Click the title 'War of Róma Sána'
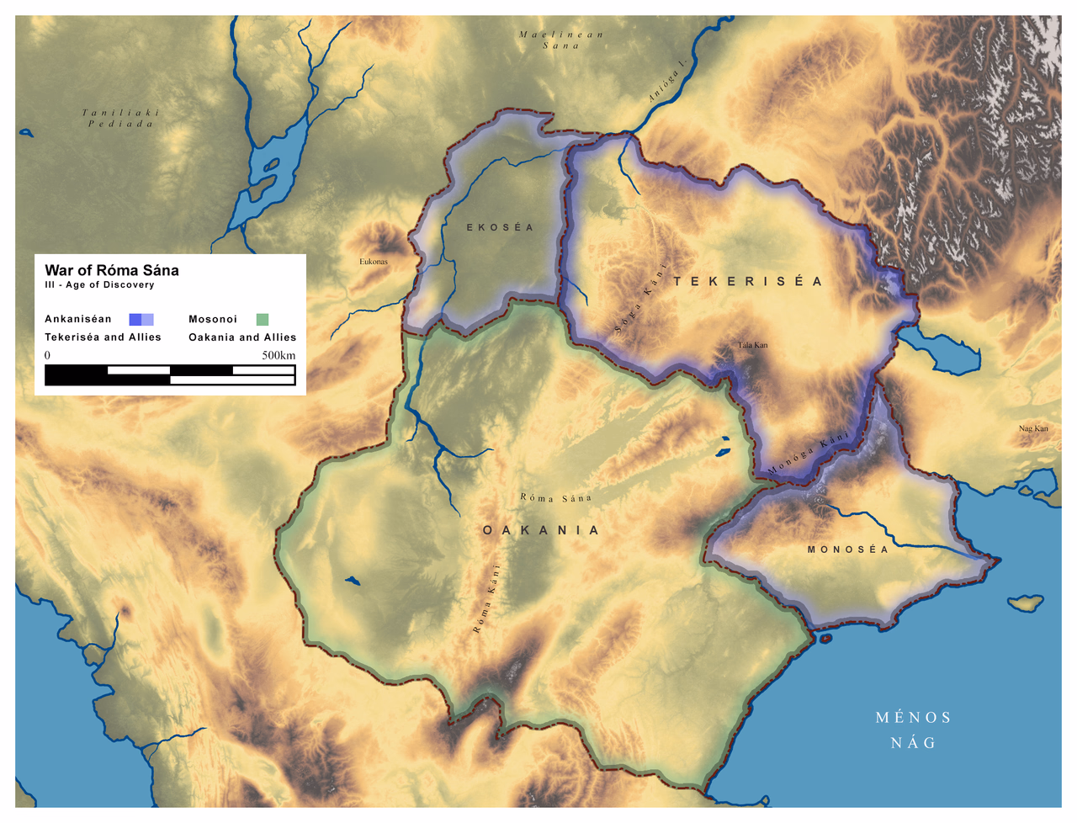click(112, 270)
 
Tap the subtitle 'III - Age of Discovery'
click(99, 285)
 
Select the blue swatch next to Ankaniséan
click(141, 319)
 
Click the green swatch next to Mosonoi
click(263, 319)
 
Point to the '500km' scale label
click(279, 355)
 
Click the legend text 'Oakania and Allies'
click(242, 337)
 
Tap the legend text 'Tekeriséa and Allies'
click(103, 337)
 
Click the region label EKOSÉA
click(501, 227)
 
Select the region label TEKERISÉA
click(748, 281)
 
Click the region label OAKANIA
click(541, 530)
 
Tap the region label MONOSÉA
click(847, 550)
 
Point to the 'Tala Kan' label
click(753, 345)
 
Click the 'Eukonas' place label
click(374, 262)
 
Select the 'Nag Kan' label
click(1033, 428)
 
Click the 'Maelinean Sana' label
click(561, 40)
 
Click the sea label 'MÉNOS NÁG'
click(914, 730)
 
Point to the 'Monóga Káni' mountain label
click(809, 454)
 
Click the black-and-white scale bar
click(170, 375)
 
